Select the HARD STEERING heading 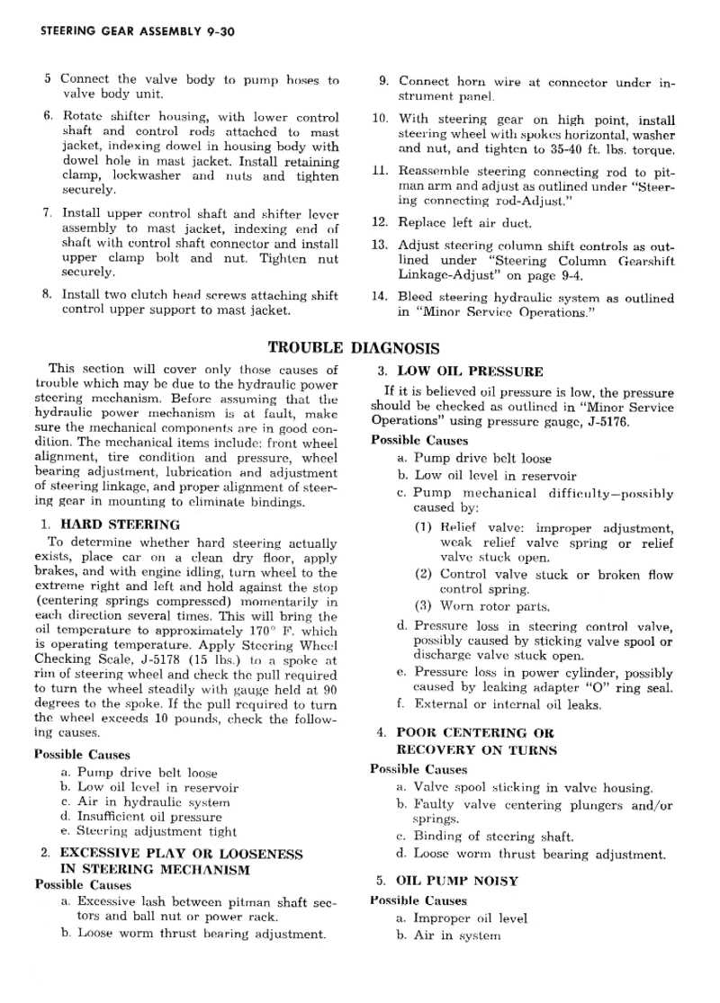click(x=120, y=524)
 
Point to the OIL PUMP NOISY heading click(x=457, y=881)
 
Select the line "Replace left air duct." click(x=465, y=222)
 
